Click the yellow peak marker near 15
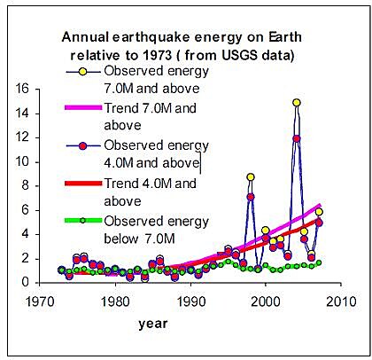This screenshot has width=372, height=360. (x=297, y=103)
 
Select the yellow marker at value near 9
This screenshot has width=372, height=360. (x=251, y=177)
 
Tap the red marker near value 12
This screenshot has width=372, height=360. (x=297, y=138)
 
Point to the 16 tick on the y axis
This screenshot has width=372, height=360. (x=22, y=89)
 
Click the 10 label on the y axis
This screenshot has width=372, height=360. (x=22, y=162)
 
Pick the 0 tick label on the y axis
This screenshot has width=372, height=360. (x=26, y=282)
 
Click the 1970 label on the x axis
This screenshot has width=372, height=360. (x=40, y=301)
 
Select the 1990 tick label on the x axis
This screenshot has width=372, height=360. (x=190, y=301)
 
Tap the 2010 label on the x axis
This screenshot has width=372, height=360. (x=341, y=301)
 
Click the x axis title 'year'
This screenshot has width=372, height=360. (x=153, y=324)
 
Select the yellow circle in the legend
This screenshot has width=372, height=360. (x=83, y=72)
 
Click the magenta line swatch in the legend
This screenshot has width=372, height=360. (x=83, y=108)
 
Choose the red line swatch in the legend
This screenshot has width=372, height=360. (x=83, y=184)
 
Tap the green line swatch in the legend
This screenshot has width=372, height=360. (x=83, y=221)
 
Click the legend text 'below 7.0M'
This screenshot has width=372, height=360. (x=140, y=239)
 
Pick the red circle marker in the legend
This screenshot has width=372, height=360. (x=83, y=146)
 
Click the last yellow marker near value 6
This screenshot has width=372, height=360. (x=319, y=212)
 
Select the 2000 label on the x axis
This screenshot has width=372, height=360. (x=266, y=301)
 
